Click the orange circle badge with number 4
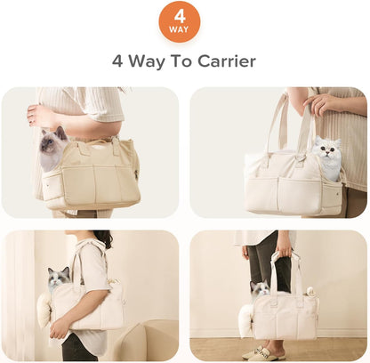(x=180, y=21)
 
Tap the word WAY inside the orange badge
(x=180, y=29)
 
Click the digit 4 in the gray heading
(x=117, y=61)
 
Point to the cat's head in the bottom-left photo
(x=59, y=278)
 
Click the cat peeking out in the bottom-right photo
(x=260, y=288)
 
